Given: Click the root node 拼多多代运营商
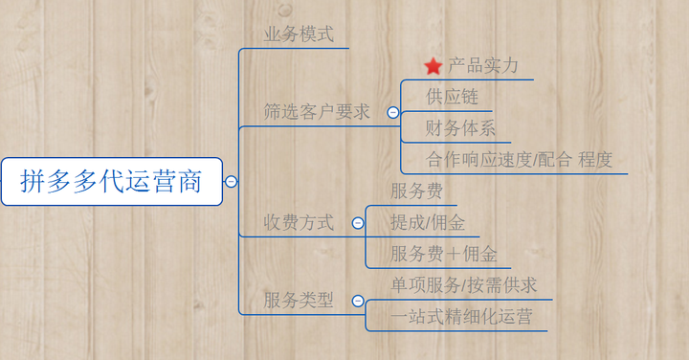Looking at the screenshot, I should tap(111, 181).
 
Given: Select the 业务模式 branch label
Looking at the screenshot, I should tap(299, 34).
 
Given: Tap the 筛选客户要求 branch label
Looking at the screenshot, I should tap(317, 112).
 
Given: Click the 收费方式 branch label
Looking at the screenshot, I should tap(299, 223).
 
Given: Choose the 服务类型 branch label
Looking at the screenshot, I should tap(299, 300).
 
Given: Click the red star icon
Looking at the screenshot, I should tap(433, 66).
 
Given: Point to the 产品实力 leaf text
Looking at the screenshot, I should tap(482, 66).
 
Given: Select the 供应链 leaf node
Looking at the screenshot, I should tap(452, 97).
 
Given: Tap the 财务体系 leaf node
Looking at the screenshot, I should tap(460, 128).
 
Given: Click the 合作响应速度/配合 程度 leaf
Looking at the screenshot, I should tap(519, 159).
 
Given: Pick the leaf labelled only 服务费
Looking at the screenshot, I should tap(416, 191).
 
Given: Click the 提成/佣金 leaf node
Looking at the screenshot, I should tap(428, 223).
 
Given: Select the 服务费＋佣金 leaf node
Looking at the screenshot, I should tap(444, 255).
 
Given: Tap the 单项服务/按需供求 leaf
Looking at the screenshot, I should tap(464, 285).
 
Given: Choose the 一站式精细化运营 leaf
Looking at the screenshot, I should tap(461, 317).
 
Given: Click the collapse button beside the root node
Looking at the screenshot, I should tap(232, 181).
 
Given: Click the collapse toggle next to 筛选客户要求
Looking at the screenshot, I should tap(392, 112).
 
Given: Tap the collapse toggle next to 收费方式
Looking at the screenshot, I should tap(357, 223).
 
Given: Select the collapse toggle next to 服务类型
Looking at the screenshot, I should tap(357, 301).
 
